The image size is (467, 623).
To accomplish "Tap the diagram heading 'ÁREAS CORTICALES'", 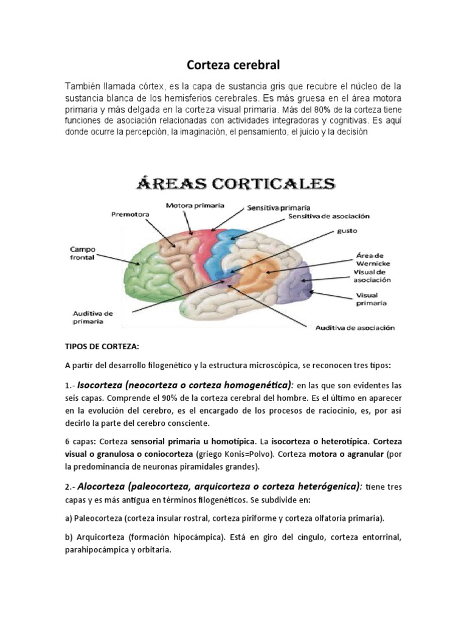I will (x=234, y=184).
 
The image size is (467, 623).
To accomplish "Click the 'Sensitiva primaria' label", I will (x=278, y=208).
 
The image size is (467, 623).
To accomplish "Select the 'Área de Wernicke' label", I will (x=372, y=259).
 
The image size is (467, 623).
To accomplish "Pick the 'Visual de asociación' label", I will (x=372, y=276).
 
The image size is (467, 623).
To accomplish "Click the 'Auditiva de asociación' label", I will (x=355, y=328).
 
